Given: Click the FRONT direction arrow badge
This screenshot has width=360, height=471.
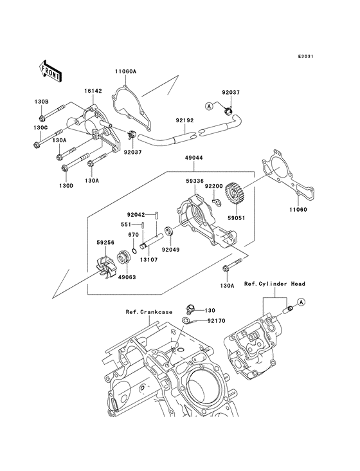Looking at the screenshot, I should tap(51, 69).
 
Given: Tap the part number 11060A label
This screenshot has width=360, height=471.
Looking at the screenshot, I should tap(127, 71).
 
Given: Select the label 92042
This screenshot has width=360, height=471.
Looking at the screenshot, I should tap(136, 215).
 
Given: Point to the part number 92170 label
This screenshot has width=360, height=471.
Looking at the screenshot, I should tap(216, 319).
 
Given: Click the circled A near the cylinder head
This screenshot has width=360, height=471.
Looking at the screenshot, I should tap(301, 302).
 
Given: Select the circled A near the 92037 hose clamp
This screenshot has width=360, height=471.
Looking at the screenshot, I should tap(209, 106).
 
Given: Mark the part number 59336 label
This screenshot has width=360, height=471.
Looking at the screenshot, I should tap(194, 182).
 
